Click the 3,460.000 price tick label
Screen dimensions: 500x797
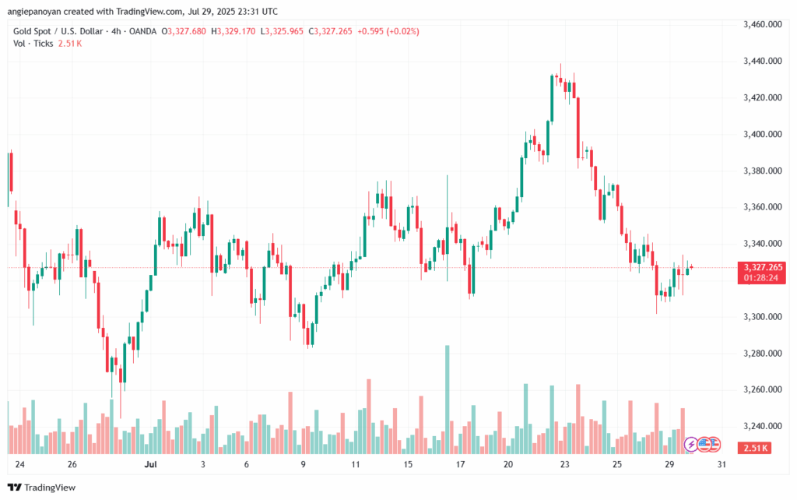pyautogui.click(x=763, y=25)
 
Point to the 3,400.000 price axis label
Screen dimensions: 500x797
pyautogui.click(x=763, y=135)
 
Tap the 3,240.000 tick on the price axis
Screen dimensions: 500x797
pyautogui.click(x=763, y=427)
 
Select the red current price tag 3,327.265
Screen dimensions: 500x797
pyautogui.click(x=763, y=267)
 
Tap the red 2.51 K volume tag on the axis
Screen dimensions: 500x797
pyautogui.click(x=757, y=448)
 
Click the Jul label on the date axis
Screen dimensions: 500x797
pyautogui.click(x=151, y=465)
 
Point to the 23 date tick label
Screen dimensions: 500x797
pyautogui.click(x=564, y=465)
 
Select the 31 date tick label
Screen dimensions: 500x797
pyautogui.click(x=722, y=465)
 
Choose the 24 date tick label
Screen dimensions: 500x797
pyautogui.click(x=19, y=465)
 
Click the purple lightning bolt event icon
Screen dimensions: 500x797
pyautogui.click(x=691, y=445)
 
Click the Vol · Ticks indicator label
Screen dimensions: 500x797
pyautogui.click(x=33, y=44)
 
